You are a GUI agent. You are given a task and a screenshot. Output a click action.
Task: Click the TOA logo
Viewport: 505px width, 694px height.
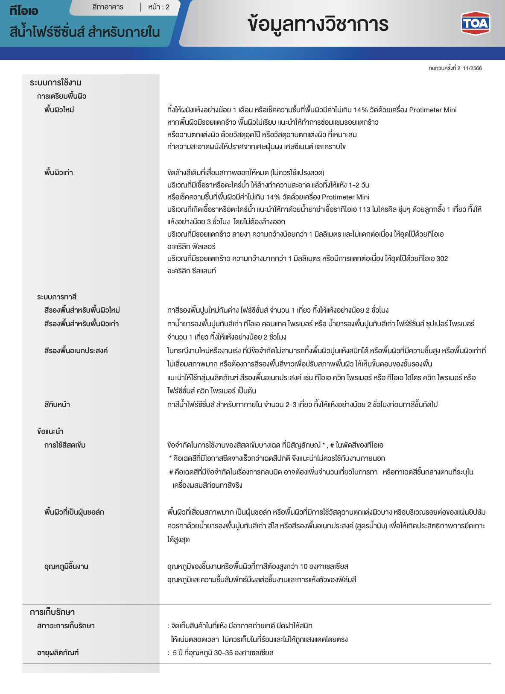pos(475,23)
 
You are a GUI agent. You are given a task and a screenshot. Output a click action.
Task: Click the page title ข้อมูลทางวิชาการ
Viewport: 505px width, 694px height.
pos(318,24)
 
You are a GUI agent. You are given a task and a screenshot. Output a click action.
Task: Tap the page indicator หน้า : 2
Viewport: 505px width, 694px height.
pos(159,7)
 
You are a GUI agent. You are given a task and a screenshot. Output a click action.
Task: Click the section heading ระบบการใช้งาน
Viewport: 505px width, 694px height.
pos(55,82)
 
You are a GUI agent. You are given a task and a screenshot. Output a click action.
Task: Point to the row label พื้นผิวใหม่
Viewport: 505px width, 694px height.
pos(59,110)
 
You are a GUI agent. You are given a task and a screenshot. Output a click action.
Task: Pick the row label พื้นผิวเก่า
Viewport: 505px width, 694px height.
pos(58,173)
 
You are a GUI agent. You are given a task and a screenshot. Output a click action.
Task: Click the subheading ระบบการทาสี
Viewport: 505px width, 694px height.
pos(57,297)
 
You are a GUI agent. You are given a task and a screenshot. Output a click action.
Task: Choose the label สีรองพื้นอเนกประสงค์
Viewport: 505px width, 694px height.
pos(76,351)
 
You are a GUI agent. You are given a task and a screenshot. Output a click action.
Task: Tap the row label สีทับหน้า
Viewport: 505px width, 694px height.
pos(57,404)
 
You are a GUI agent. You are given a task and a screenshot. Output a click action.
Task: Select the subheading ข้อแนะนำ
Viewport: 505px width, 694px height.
pos(50,431)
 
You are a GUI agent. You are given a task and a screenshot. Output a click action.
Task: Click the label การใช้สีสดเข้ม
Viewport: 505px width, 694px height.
pos(65,445)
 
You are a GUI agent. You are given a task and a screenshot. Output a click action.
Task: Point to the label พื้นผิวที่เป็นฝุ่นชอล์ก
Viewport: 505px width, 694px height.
pos(74,512)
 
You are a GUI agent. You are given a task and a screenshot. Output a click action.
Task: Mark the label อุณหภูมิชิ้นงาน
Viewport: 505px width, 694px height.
pos(66,566)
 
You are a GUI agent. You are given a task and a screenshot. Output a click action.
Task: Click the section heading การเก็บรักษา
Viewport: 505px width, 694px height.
pos(52,612)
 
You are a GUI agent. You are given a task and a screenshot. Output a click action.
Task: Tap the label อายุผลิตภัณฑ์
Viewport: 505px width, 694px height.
pos(58,653)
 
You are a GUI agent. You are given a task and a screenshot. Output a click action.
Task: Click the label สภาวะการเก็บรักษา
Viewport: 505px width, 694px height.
pos(66,626)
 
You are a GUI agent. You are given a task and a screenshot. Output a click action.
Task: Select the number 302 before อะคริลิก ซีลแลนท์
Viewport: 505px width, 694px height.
pos(442,258)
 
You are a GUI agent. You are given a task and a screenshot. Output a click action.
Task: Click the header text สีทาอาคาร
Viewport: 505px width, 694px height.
pos(108,7)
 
